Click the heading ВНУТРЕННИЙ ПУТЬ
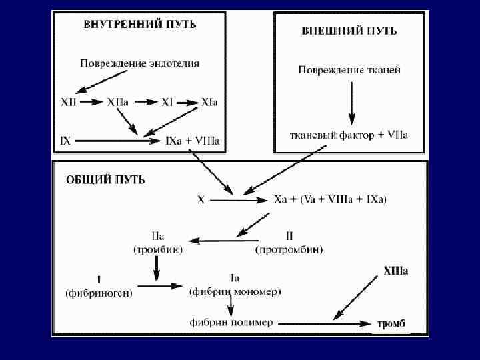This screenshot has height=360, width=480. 139,24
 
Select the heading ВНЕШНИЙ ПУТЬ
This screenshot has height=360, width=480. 349,31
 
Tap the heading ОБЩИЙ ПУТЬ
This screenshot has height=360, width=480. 106,180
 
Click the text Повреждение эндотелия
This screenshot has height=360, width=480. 140,64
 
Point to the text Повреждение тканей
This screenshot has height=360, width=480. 349,69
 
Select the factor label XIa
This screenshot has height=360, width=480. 210,103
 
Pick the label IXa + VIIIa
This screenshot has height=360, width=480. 193,141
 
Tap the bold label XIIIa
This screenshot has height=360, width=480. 395,271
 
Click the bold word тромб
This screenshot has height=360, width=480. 391,324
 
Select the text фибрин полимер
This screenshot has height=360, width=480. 231,322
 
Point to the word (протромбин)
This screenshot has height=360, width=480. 289,250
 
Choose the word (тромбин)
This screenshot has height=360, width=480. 157,250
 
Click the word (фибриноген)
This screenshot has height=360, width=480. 99,293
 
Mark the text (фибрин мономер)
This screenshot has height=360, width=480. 235,292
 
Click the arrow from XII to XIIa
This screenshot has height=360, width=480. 91,103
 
